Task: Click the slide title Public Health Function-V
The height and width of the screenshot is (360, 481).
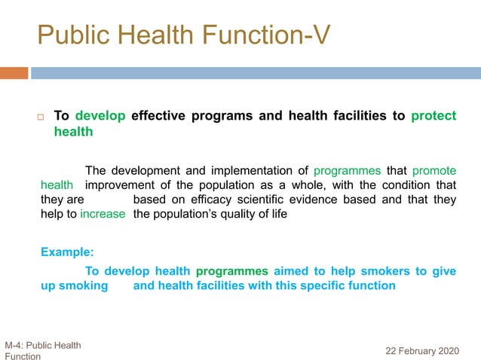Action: point(183,35)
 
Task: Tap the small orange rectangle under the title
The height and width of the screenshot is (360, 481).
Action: point(14,73)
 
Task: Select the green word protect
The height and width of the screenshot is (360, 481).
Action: point(434,116)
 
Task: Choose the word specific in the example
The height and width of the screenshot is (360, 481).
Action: point(320,285)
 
